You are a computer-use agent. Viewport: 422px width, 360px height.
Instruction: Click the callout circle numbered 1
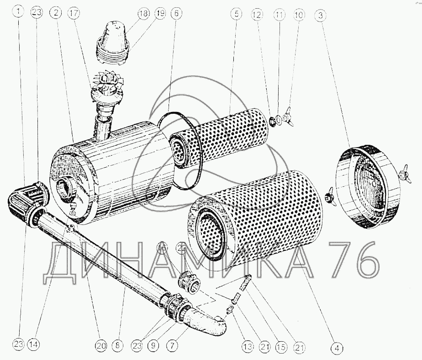(18, 12)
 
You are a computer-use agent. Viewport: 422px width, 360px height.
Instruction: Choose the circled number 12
(257, 15)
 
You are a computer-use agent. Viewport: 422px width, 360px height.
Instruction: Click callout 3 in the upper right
(320, 16)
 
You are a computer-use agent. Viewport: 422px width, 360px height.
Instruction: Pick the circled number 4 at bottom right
(337, 348)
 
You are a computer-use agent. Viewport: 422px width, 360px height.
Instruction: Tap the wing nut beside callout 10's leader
(289, 116)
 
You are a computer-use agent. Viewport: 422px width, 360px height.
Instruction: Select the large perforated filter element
(256, 216)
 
